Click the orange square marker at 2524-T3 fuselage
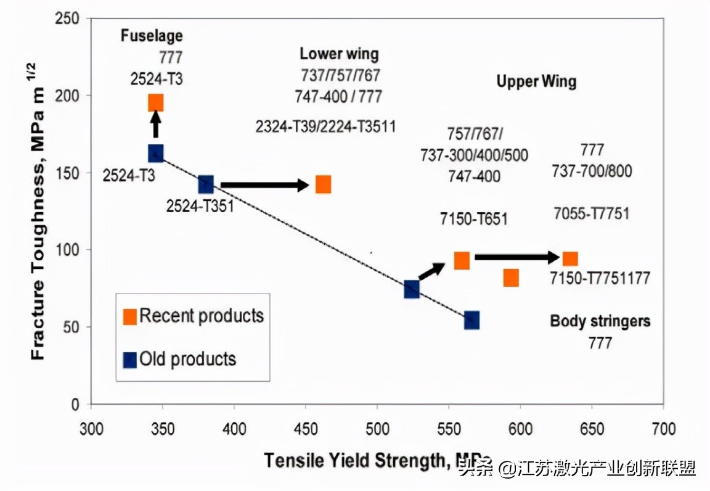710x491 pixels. (x=156, y=103)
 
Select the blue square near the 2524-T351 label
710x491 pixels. (x=206, y=184)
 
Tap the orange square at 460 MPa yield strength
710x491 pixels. (x=323, y=184)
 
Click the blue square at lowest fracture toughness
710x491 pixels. (x=472, y=320)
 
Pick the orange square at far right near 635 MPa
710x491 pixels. (x=570, y=259)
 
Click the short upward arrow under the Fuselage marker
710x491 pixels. (x=156, y=128)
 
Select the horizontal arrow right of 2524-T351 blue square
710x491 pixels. (x=264, y=184)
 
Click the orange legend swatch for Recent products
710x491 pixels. (x=130, y=317)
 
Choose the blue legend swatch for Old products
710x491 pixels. (x=130, y=360)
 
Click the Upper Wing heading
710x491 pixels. (x=536, y=81)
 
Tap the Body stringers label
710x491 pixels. (x=600, y=321)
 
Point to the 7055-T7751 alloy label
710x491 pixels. (x=591, y=214)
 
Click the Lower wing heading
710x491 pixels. (x=339, y=54)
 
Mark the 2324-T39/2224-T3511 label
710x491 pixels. (x=325, y=127)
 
